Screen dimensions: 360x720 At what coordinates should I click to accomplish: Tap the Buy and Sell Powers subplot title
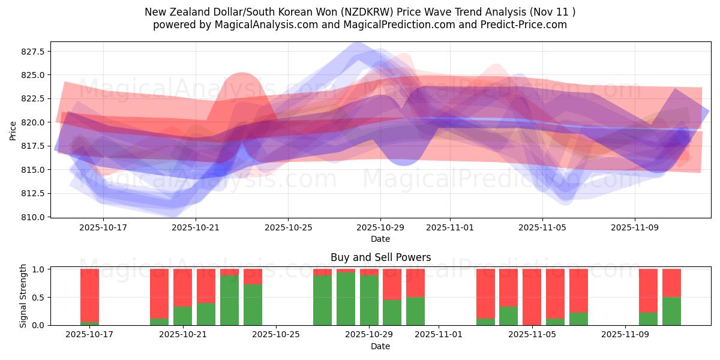coord(380,257)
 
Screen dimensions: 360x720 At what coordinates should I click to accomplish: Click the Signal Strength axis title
coord(23,296)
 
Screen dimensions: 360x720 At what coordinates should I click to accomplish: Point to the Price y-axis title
coord(13,130)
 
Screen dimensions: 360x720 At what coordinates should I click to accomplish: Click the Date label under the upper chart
coord(380,239)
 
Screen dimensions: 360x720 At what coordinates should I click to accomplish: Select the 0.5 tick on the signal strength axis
coord(37,298)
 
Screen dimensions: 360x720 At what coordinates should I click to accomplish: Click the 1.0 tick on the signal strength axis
coord(37,269)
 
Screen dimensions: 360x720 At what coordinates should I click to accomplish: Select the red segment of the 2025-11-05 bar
coord(532,297)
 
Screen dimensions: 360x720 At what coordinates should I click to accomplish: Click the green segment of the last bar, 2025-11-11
coord(671,311)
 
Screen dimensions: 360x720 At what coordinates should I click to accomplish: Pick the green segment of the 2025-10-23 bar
coord(229,300)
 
